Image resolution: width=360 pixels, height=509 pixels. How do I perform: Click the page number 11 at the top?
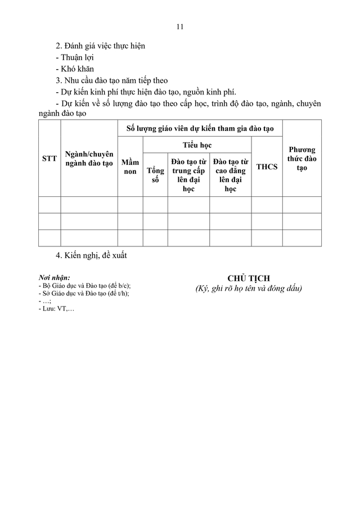tap(180, 26)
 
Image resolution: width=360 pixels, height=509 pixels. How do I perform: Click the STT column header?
tap(49, 159)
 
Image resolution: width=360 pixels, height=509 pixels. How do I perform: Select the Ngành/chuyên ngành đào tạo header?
tap(89, 159)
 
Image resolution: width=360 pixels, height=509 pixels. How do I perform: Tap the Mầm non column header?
tap(130, 166)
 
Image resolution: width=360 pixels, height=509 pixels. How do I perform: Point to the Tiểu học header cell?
tap(197, 145)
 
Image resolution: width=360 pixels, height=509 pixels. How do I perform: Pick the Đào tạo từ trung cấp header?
tap(188, 175)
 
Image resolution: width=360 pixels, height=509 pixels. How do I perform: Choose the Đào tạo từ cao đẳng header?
tap(231, 175)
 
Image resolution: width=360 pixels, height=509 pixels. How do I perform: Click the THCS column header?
tap(267, 166)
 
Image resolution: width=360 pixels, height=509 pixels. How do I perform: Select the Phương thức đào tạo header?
tap(301, 159)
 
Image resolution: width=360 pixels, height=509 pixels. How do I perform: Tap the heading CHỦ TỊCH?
tap(249, 278)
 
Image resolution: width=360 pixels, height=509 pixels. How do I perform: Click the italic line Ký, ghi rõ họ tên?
tap(249, 289)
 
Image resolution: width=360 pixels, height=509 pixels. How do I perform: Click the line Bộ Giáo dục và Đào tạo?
tap(88, 286)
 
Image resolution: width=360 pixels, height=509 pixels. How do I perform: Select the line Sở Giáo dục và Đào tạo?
tap(87, 294)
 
